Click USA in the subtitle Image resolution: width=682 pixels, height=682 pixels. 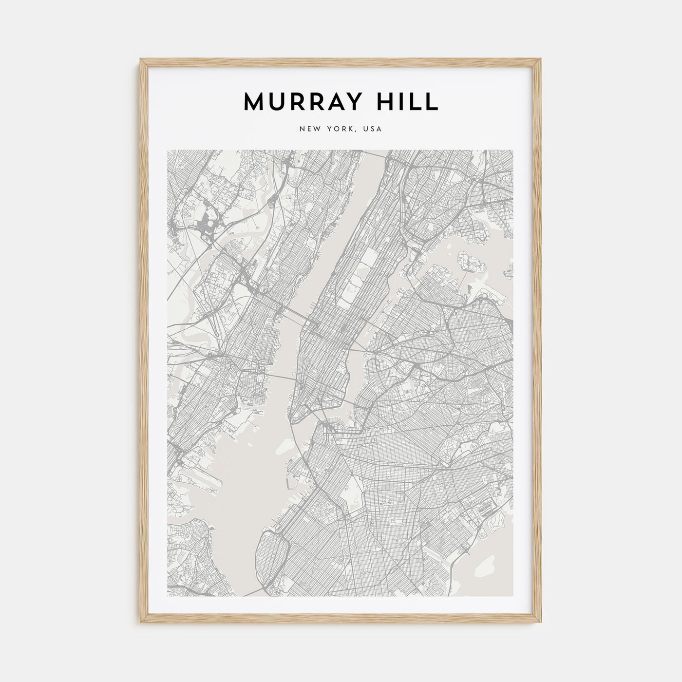[373, 129]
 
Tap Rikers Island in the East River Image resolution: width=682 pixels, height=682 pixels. [470, 262]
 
